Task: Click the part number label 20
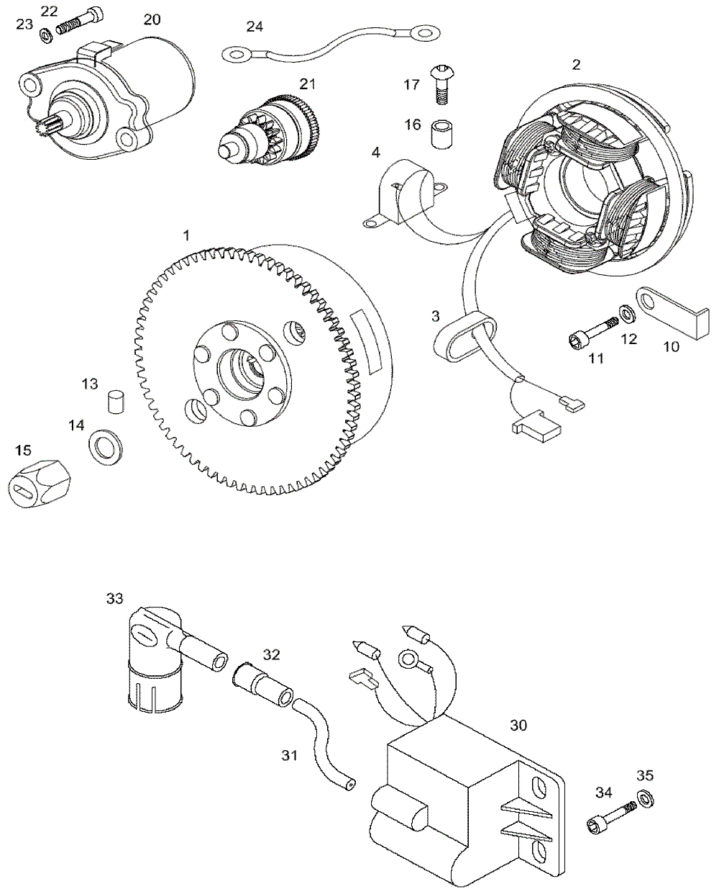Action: tap(152, 19)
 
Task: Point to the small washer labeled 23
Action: tap(44, 32)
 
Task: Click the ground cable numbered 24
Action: tap(331, 41)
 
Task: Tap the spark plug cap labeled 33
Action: tap(155, 656)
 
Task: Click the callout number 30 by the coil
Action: tap(518, 725)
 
